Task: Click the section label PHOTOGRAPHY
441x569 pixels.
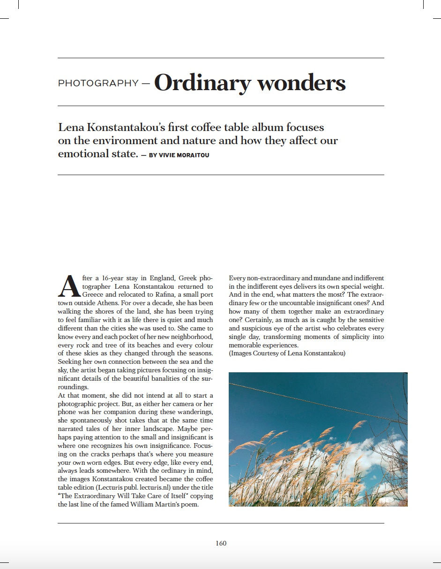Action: tap(98, 84)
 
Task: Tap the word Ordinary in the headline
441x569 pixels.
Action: tap(202, 83)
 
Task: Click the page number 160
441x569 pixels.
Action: tap(221, 543)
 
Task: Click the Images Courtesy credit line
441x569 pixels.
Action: tap(287, 353)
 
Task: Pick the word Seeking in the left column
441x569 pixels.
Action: tap(69, 362)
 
